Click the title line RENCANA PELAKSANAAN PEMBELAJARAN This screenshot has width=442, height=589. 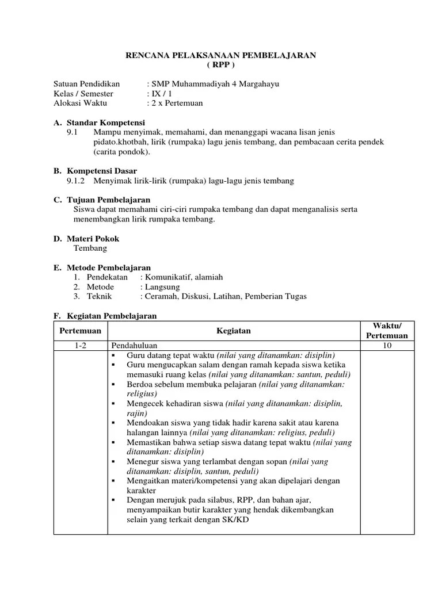(221, 55)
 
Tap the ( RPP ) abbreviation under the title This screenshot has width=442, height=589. (221, 65)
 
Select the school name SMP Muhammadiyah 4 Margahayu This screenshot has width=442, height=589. (215, 84)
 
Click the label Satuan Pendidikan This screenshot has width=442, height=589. (86, 84)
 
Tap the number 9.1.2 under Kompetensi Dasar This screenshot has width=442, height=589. (76, 181)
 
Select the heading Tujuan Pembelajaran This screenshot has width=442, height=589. (109, 200)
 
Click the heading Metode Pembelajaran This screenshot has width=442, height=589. (109, 267)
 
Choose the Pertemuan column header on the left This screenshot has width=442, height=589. (81, 331)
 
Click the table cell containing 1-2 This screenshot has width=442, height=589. (81, 345)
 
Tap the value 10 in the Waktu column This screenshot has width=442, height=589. (386, 345)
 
